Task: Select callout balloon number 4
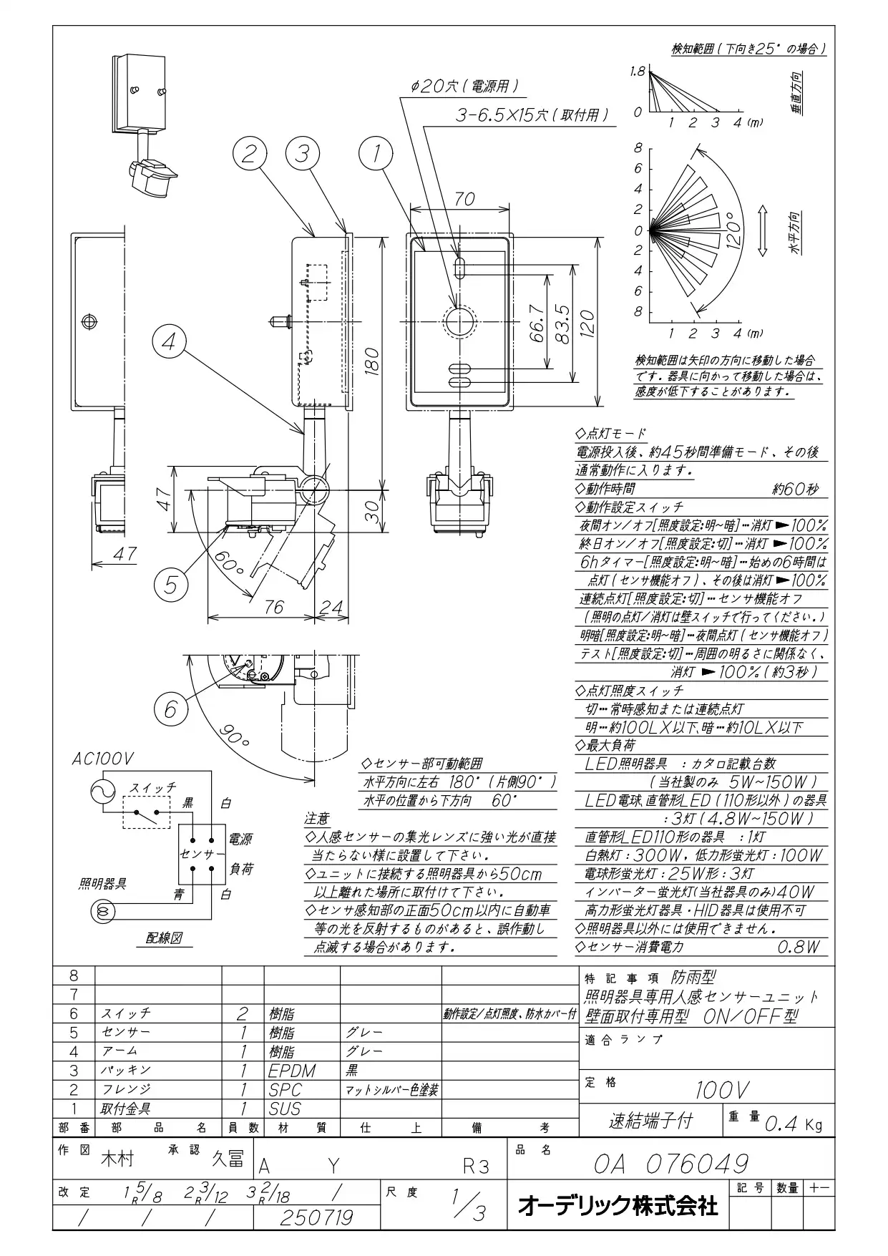(169, 342)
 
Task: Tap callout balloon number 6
(170, 709)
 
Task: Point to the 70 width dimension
(464, 199)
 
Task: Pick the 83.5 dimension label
(562, 323)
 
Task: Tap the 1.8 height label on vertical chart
(638, 71)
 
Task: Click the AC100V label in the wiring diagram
(102, 759)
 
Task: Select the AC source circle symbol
(102, 791)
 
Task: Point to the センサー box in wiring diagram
(203, 854)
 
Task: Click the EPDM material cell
(292, 1071)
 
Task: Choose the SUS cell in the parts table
(285, 1109)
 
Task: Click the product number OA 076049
(672, 1163)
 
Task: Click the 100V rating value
(723, 1090)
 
